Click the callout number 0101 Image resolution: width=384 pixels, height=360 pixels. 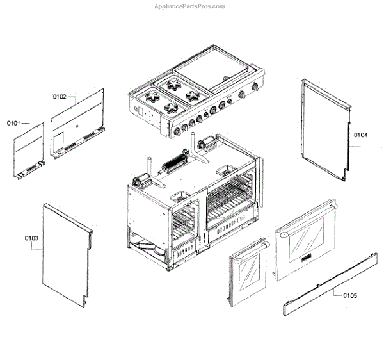(x=14, y=122)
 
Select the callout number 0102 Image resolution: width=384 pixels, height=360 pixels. (x=60, y=96)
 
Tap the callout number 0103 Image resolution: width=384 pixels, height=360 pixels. (x=32, y=238)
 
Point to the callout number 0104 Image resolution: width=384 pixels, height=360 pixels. (x=360, y=135)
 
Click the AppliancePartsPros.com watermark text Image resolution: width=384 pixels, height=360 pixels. (x=190, y=6)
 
